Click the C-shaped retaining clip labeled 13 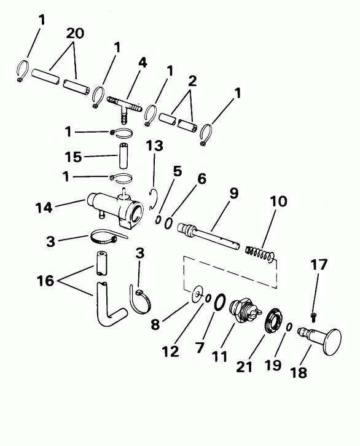tap(157, 200)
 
